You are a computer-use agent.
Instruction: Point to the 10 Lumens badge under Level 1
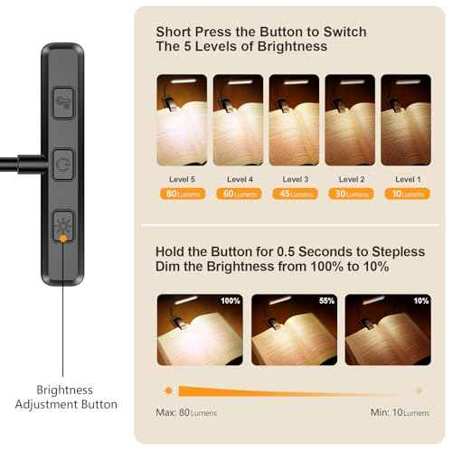405,193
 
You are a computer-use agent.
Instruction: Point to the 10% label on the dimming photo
419,300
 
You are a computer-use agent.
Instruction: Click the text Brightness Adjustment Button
64,397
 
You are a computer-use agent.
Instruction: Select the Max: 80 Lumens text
187,412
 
